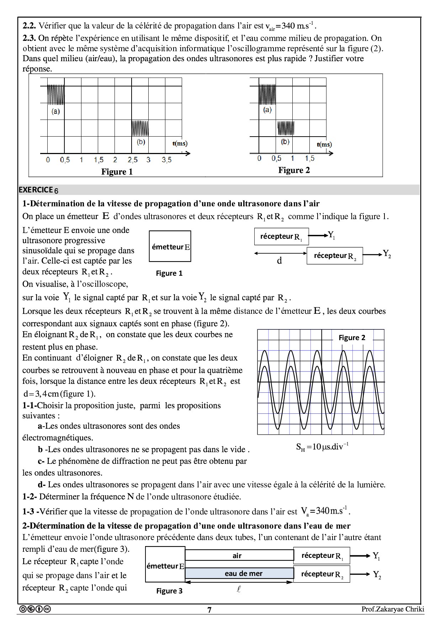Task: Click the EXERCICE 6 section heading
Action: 38,190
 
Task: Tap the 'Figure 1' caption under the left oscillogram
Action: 117,172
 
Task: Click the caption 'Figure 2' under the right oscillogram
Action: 294,170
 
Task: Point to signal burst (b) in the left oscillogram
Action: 140,128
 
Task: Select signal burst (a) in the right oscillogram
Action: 267,94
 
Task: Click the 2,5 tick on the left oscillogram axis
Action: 133,160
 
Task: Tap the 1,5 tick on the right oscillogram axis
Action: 309,159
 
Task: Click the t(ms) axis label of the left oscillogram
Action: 180,144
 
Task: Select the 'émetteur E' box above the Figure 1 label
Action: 170,246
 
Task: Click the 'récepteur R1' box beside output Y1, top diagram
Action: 281,237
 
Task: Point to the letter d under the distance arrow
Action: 280,261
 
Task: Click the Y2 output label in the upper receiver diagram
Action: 387,254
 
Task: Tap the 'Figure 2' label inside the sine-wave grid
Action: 352,338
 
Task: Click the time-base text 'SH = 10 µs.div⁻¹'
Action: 322,447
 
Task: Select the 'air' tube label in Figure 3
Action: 237,556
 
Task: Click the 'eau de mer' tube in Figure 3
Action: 243,573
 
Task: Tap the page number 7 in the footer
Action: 209,610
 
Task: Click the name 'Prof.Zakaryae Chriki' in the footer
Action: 393,609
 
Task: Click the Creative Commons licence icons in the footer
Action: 35,609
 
